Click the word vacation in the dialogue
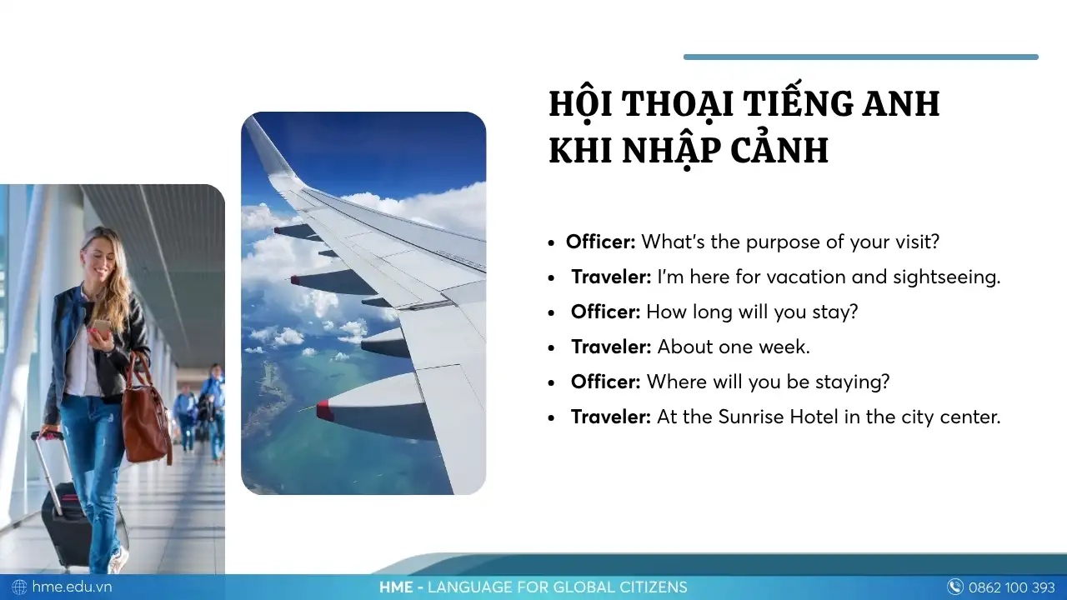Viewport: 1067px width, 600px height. pos(808,277)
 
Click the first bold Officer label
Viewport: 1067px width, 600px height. pos(600,242)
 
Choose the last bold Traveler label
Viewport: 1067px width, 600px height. pos(610,417)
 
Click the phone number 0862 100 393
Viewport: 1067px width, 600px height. pos(1011,587)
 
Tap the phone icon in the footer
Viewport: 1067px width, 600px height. pos(955,587)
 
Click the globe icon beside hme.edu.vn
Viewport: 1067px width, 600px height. pos(19,587)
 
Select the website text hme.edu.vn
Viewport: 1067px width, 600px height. pos(72,587)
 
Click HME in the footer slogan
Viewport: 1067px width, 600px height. pos(396,587)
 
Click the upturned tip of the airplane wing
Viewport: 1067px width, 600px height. pos(254,133)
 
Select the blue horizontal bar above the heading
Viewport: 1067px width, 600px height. pos(860,57)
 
